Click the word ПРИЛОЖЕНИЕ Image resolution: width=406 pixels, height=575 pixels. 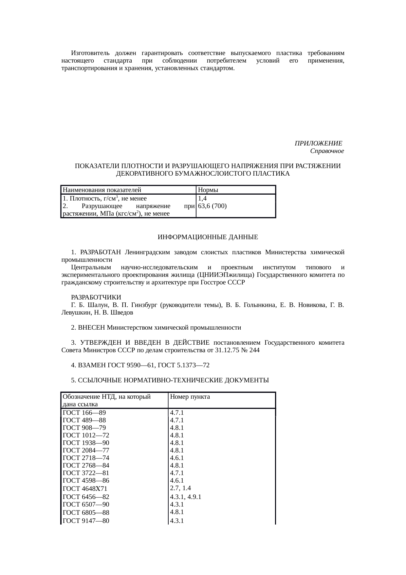point(318,144)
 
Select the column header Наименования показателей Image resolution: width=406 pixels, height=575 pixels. point(102,190)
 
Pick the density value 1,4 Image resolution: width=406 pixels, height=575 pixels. point(202,198)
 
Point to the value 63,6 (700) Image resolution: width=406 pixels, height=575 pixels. point(212,206)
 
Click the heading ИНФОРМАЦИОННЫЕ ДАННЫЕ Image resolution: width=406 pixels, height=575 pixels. point(208,237)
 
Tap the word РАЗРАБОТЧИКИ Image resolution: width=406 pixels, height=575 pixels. point(96,297)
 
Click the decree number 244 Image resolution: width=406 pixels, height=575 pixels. point(254,350)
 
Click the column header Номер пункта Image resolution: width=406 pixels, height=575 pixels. point(190,397)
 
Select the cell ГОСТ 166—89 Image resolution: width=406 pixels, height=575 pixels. point(84,413)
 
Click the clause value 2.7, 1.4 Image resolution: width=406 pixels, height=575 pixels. point(180,488)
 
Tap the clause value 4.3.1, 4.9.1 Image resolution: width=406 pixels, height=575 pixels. point(185,497)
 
